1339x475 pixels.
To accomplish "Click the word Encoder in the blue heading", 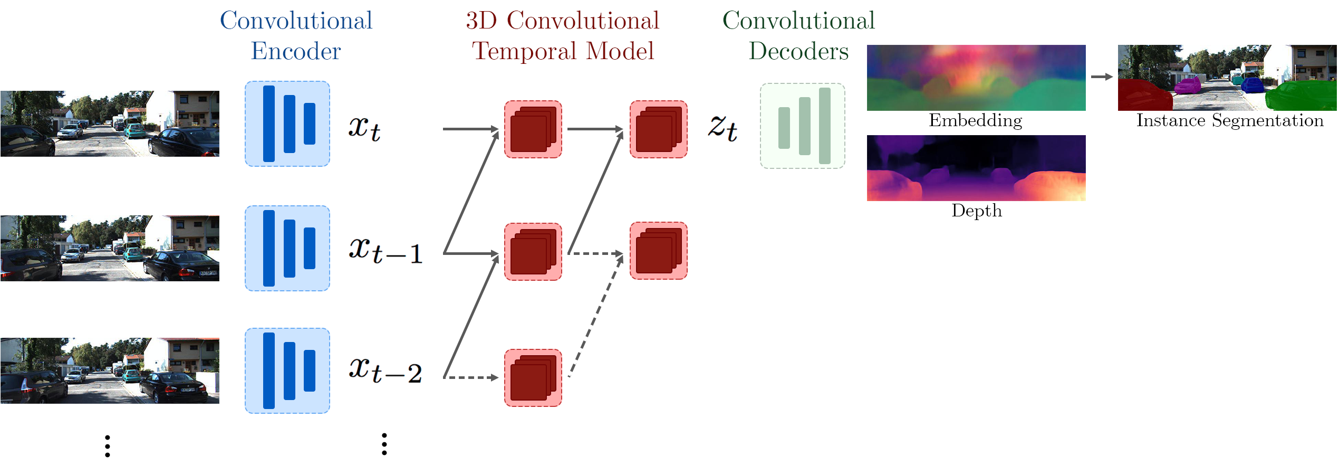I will [296, 51].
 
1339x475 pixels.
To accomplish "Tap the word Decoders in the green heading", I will [798, 51].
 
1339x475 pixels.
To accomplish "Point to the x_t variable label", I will [364, 128].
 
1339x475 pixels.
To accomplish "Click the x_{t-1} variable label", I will [386, 250].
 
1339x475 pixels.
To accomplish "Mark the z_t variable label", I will [723, 128].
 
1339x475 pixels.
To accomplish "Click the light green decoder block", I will [802, 126].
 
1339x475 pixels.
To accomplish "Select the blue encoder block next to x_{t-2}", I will [287, 370].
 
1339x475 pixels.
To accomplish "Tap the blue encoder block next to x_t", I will [287, 123].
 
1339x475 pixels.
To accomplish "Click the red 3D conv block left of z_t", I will [658, 129].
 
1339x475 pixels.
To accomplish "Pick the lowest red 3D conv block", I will [533, 377].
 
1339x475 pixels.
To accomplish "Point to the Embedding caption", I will [975, 120].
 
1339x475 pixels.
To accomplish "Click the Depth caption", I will [976, 211].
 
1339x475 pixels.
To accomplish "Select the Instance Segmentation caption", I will [1229, 120].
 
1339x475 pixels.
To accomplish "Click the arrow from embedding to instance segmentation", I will [1101, 77].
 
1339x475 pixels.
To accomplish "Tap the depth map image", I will [976, 168].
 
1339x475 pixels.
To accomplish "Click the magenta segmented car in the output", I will [1188, 84].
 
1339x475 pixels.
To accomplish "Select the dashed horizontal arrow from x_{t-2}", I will [470, 377].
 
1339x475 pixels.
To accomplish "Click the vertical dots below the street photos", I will [108, 446].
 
